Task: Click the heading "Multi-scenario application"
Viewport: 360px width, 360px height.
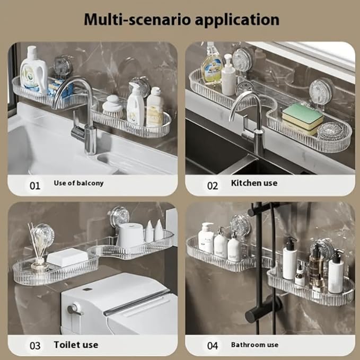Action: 180,20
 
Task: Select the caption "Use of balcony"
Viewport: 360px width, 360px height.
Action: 78,183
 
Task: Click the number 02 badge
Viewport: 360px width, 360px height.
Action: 213,186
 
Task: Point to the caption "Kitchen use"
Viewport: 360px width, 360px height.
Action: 254,183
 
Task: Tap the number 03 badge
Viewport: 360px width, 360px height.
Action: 34,346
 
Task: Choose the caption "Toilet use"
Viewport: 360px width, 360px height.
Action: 76,345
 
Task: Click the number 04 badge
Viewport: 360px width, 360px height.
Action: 213,346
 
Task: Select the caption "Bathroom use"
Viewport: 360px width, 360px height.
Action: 254,345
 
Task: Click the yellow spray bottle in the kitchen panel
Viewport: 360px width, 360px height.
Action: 212,66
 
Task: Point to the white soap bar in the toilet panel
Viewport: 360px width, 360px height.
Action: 67,257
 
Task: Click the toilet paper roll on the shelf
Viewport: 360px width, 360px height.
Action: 130,235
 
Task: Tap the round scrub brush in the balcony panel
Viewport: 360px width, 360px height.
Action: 112,107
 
